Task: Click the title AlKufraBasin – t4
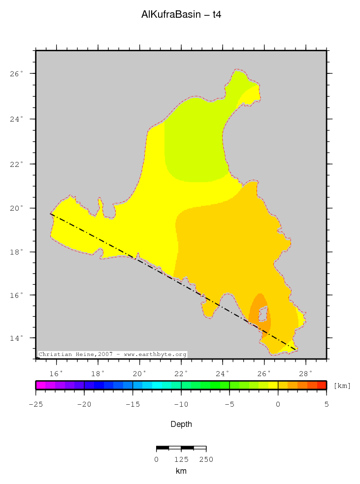tap(181, 15)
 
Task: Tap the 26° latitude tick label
tap(18, 74)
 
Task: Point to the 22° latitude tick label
tap(18, 164)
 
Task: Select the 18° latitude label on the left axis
tap(18, 252)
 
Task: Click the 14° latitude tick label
tap(18, 338)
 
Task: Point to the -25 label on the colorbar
tap(35, 405)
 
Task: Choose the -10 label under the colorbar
tap(181, 405)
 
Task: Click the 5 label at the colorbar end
tap(326, 405)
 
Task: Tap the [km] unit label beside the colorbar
tap(342, 386)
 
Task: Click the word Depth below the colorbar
tap(181, 424)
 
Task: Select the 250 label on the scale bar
tap(206, 460)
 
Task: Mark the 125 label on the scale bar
tap(181, 460)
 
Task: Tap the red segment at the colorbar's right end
tap(321, 385)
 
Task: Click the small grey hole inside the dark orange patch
tap(263, 314)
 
